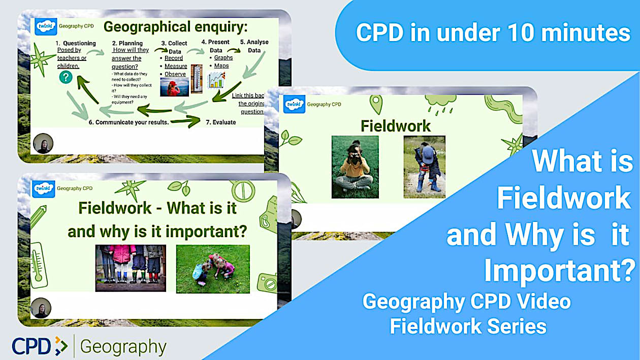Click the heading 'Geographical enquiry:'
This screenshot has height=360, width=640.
175,27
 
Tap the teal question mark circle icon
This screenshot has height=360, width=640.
65,77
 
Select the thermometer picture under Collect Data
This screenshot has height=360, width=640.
196,79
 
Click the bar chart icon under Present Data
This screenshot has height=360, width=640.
216,80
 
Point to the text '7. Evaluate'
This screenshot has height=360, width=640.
221,122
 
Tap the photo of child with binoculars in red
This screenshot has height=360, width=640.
174,87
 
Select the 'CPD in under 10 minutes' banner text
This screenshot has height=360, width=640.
493,33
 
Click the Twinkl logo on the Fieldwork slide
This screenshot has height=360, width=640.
294,104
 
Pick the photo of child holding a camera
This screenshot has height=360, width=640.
355,167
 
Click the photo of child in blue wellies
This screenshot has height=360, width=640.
424,167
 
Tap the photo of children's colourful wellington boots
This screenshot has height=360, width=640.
131,268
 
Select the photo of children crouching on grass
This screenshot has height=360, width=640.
213,269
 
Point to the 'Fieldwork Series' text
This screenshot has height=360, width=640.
468,325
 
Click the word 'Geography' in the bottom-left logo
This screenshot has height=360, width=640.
123,347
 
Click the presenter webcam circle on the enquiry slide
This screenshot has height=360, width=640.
43,144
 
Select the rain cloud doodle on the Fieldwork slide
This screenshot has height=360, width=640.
437,102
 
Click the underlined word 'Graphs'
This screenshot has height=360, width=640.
223,57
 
